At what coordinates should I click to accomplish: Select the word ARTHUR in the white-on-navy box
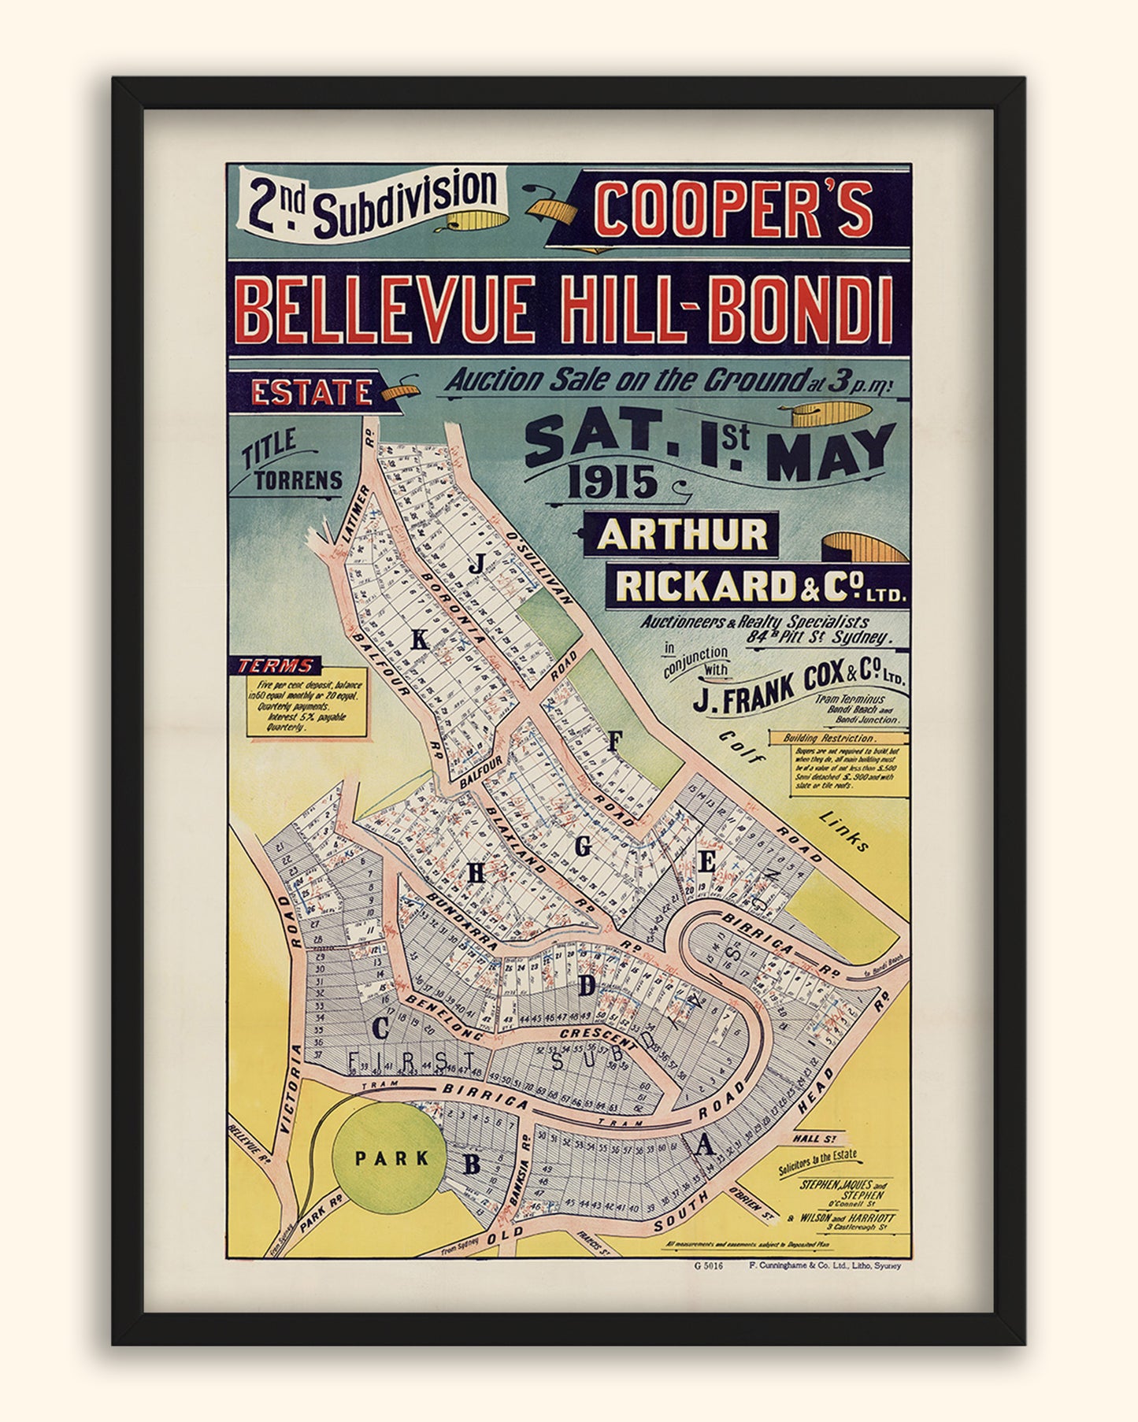pyautogui.click(x=682, y=535)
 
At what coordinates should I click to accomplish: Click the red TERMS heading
pyautogui.click(x=276, y=665)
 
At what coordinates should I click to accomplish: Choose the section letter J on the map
pyautogui.click(x=476, y=565)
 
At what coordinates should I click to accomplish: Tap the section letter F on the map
pyautogui.click(x=615, y=739)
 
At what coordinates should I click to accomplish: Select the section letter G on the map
pyautogui.click(x=583, y=847)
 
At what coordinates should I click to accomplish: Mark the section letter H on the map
pyautogui.click(x=476, y=872)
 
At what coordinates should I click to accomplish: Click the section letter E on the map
pyautogui.click(x=706, y=863)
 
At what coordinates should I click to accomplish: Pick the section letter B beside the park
pyautogui.click(x=471, y=1164)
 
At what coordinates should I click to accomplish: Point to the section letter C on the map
pyautogui.click(x=380, y=1028)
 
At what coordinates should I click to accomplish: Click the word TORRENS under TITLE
pyautogui.click(x=298, y=480)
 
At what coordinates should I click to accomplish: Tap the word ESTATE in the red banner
pyautogui.click(x=312, y=392)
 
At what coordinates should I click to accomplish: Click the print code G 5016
pyautogui.click(x=708, y=1266)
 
